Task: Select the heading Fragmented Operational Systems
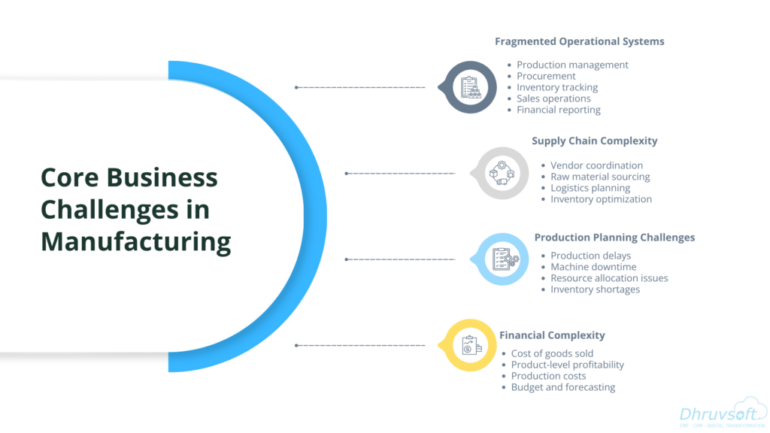[579, 41]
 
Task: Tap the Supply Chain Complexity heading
[594, 141]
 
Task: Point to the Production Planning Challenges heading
[614, 237]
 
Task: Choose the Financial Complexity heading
[553, 335]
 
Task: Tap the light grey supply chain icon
[499, 174]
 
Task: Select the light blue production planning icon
[500, 259]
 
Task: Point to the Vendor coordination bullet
[596, 165]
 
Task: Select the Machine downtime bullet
[593, 267]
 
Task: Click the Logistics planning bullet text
[590, 188]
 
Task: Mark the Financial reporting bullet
[559, 110]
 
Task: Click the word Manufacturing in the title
[135, 242]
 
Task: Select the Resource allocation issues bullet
[609, 278]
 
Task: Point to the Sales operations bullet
[553, 98]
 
